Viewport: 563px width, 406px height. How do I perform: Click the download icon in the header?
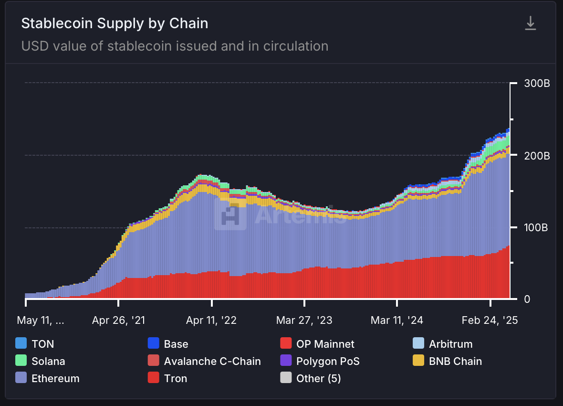coord(531,23)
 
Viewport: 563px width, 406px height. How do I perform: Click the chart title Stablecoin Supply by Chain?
coord(115,23)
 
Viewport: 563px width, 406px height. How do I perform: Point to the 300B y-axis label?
coord(537,84)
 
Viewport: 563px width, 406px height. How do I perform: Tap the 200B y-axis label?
coord(537,156)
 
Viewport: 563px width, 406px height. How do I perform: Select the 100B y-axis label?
coord(537,227)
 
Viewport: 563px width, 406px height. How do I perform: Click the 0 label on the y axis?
coord(527,299)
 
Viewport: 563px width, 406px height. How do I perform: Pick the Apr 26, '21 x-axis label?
coord(118,321)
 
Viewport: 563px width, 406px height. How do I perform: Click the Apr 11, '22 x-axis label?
coord(211,321)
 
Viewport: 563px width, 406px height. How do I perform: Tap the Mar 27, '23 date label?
coord(304,321)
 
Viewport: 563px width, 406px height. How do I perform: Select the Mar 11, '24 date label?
coord(397,321)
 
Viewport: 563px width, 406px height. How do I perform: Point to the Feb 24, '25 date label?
coord(490,321)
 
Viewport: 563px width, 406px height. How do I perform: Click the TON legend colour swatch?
coord(21,343)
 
